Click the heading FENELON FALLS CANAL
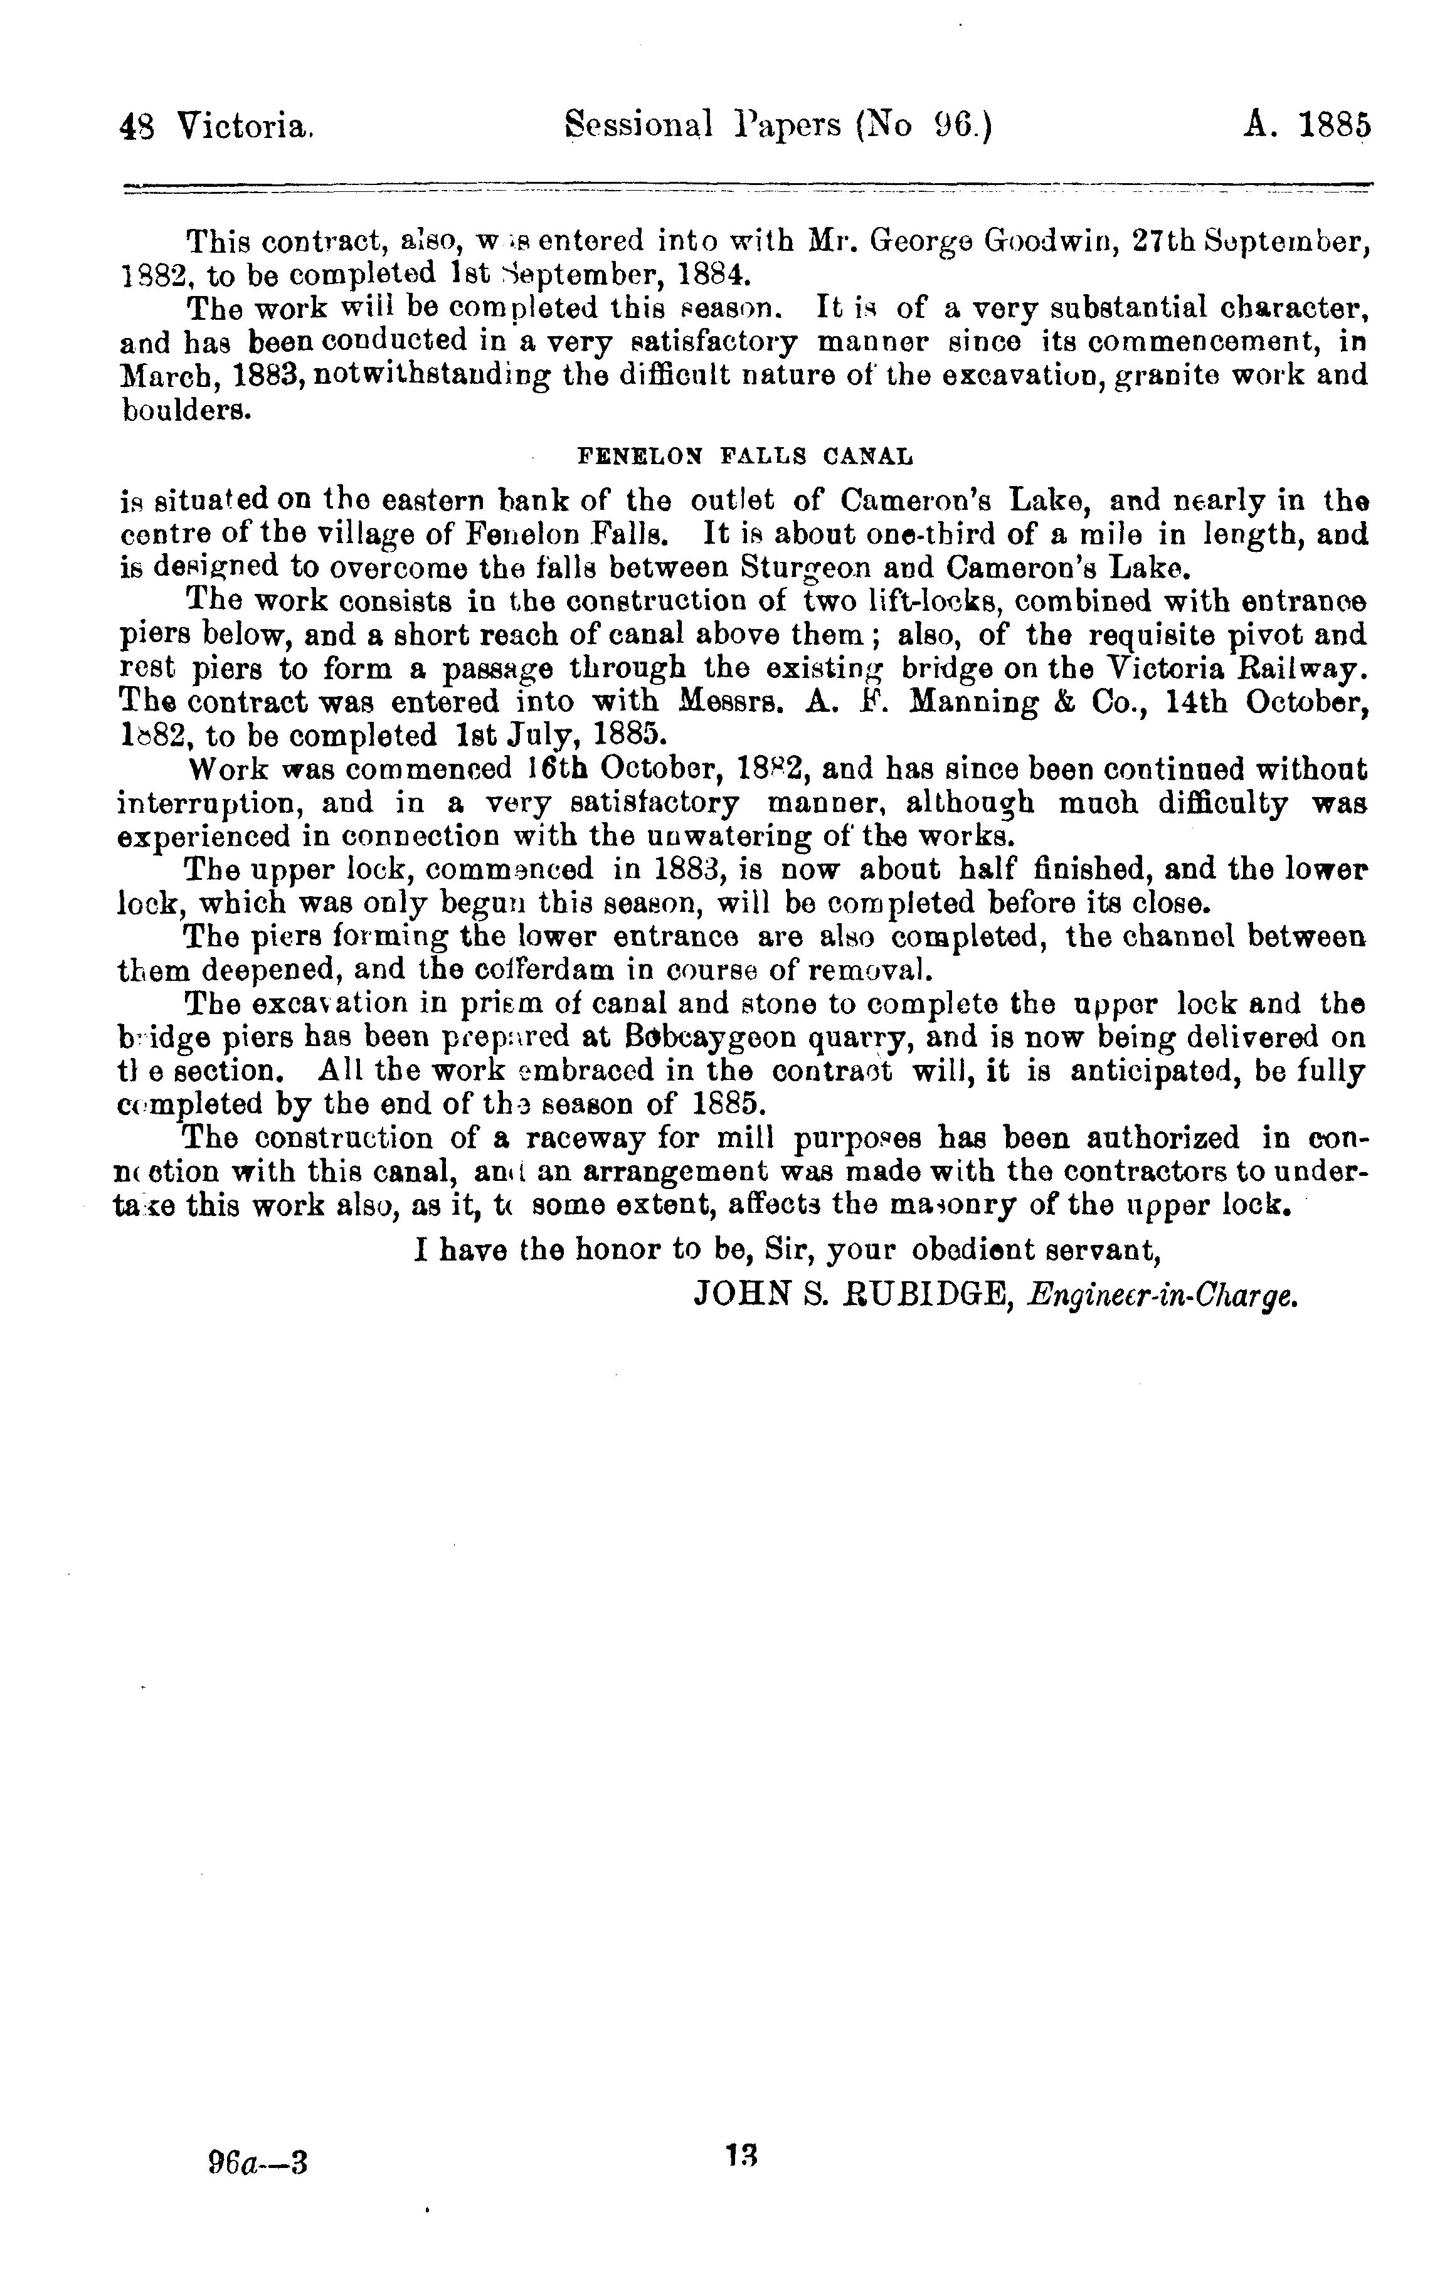click(x=745, y=458)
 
